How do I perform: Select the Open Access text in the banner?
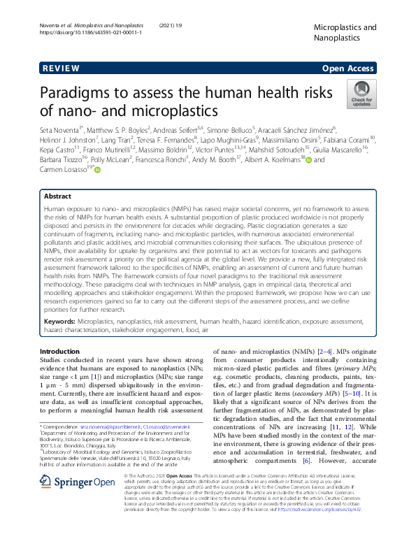[x=348, y=69]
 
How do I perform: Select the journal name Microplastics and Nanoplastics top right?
[x=345, y=33]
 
